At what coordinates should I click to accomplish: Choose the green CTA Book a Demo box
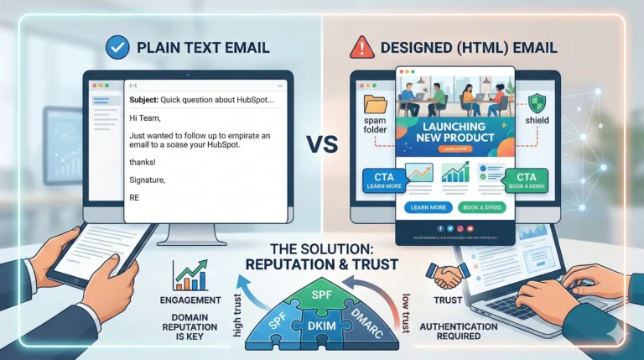click(527, 180)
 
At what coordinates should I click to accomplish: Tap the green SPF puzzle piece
click(322, 296)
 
